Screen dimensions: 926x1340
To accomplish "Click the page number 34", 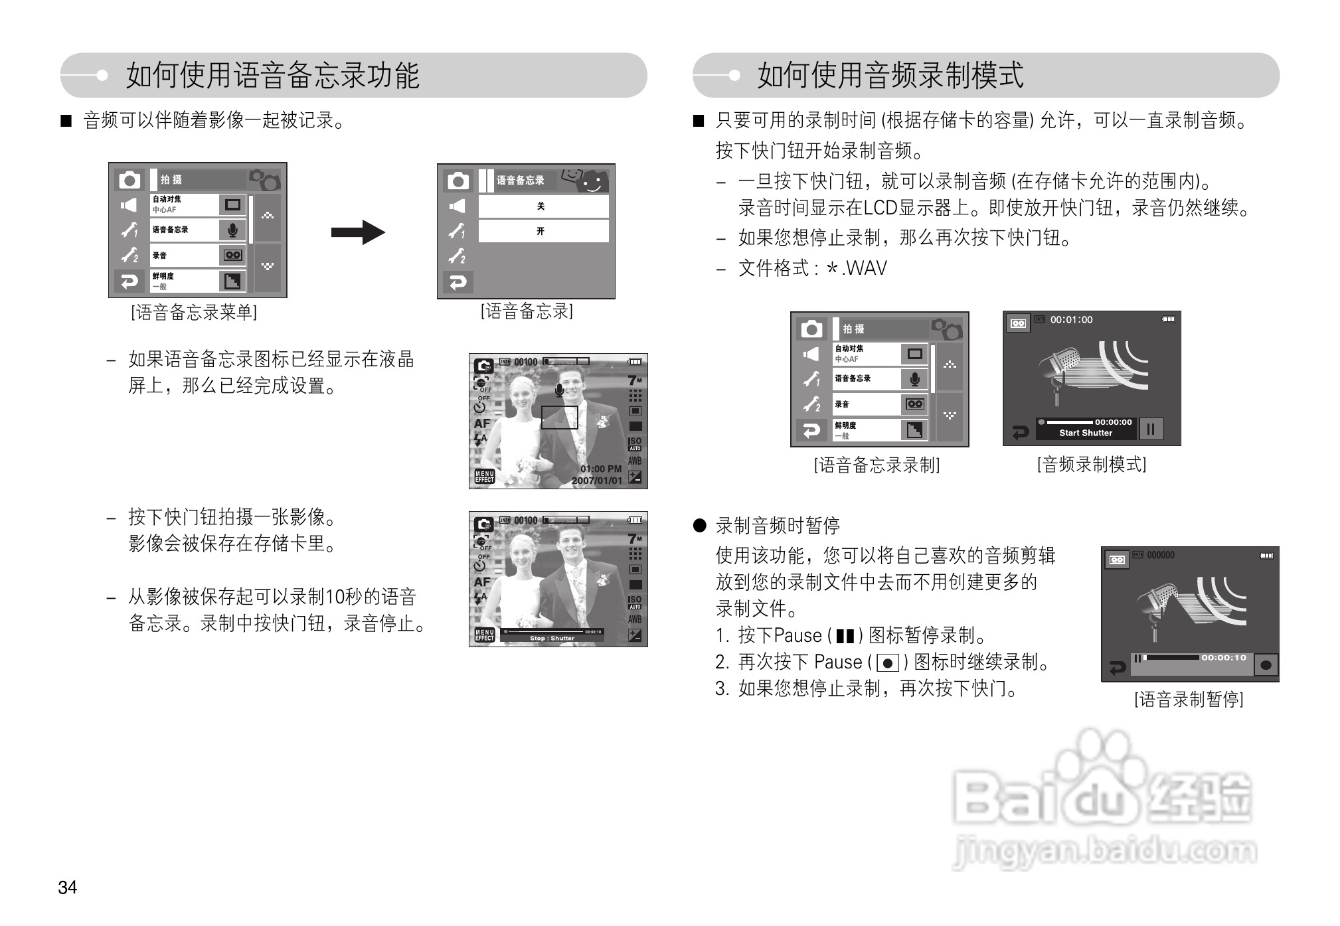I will coord(67,887).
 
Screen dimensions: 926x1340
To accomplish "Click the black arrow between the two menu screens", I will coord(358,232).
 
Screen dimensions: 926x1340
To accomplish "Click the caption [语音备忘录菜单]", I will coord(194,312).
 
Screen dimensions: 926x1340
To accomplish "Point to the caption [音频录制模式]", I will coord(1092,464).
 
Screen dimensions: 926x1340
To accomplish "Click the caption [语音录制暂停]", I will coord(1189,699).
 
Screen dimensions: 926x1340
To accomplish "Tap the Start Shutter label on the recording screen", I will coord(1086,433).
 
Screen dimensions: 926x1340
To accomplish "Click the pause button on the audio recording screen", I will coord(1151,429).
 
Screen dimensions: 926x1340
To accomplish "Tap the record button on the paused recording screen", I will coord(1266,664).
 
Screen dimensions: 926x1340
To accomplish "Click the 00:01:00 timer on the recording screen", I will coord(1071,320).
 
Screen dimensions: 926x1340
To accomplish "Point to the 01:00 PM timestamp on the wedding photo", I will coord(601,469).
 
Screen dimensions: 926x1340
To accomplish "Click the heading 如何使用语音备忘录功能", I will coord(272,75).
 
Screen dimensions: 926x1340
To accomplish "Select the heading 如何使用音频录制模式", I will coord(890,75).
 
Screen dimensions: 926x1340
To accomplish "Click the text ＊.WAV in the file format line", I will coord(856,268).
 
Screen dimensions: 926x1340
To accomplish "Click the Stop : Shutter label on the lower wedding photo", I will coord(552,639).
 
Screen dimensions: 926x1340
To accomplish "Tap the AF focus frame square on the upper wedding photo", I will coord(559,418).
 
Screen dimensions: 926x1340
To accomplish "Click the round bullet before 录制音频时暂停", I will coord(699,526).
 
